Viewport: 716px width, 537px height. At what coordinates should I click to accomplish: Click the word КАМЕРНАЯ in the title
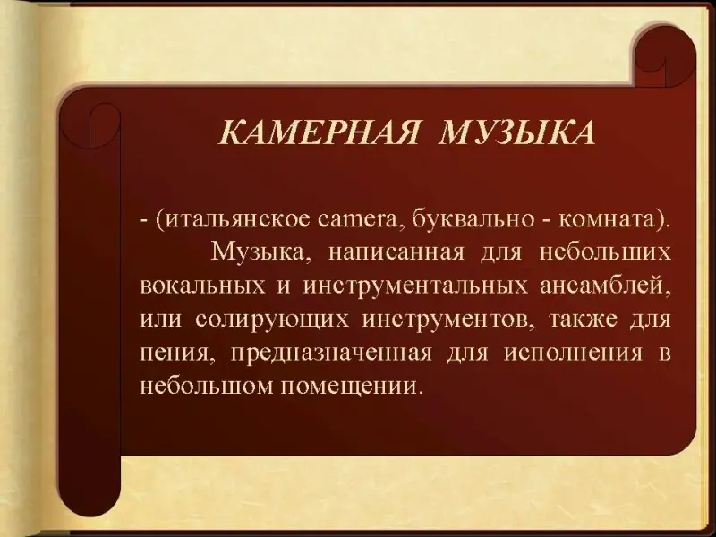click(x=320, y=132)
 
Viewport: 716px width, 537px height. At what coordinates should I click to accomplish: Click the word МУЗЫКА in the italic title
click(x=517, y=132)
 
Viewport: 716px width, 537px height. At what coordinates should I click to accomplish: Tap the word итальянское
click(x=234, y=219)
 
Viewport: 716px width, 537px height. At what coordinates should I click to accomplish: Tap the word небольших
click(x=605, y=251)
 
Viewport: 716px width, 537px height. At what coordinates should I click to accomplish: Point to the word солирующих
click(x=272, y=320)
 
